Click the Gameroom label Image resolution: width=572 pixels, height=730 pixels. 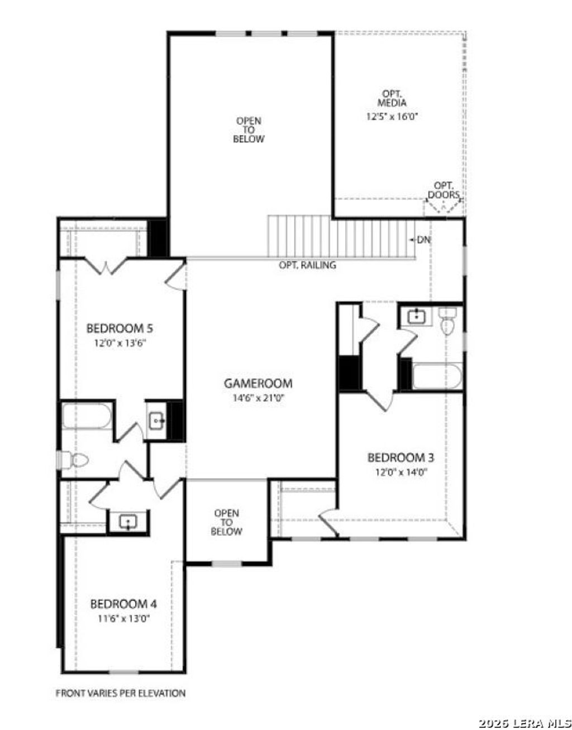pyautogui.click(x=258, y=383)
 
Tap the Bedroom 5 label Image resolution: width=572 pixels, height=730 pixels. pyautogui.click(x=120, y=328)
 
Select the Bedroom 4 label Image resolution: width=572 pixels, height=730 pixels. pyautogui.click(x=123, y=604)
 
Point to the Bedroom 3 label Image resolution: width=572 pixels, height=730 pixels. pyautogui.click(x=401, y=457)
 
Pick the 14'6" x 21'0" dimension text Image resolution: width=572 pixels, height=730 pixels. pyautogui.click(x=258, y=398)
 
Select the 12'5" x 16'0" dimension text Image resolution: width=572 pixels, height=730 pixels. pyautogui.click(x=392, y=117)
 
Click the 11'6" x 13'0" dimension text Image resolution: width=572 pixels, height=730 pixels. pyautogui.click(x=123, y=618)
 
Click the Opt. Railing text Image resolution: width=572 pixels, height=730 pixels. pyautogui.click(x=307, y=265)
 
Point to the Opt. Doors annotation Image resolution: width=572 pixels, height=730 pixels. pyautogui.click(x=444, y=190)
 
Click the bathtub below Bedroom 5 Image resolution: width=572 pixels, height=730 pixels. pyautogui.click(x=87, y=416)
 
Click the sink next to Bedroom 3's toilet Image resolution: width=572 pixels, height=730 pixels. pyautogui.click(x=416, y=317)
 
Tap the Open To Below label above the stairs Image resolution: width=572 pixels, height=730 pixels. pyautogui.click(x=249, y=130)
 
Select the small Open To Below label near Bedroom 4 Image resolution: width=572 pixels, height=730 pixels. pyautogui.click(x=226, y=522)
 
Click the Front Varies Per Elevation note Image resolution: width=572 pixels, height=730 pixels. pyautogui.click(x=121, y=693)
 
